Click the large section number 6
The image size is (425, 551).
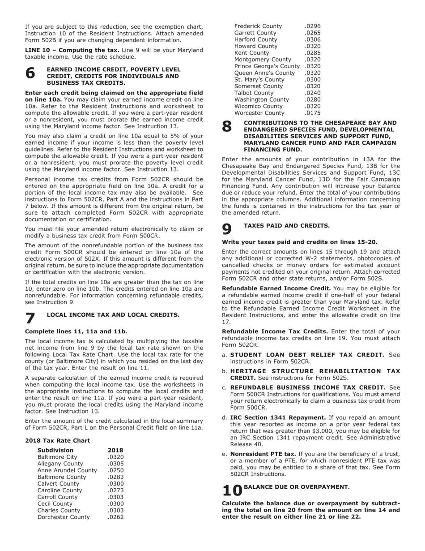(30, 73)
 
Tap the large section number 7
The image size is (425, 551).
(30, 318)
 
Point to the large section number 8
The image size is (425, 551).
(227, 127)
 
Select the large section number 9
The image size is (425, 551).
(227, 229)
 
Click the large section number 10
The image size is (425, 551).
(232, 490)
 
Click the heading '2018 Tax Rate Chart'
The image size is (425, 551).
(57, 441)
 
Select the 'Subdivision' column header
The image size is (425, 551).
(55, 450)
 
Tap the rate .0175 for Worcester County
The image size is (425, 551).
(312, 113)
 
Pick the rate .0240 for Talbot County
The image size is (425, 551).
(312, 93)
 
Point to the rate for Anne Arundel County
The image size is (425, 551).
(115, 470)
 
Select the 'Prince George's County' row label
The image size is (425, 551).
(267, 66)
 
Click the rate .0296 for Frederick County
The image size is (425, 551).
(312, 26)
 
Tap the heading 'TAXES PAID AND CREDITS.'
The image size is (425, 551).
(286, 226)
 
